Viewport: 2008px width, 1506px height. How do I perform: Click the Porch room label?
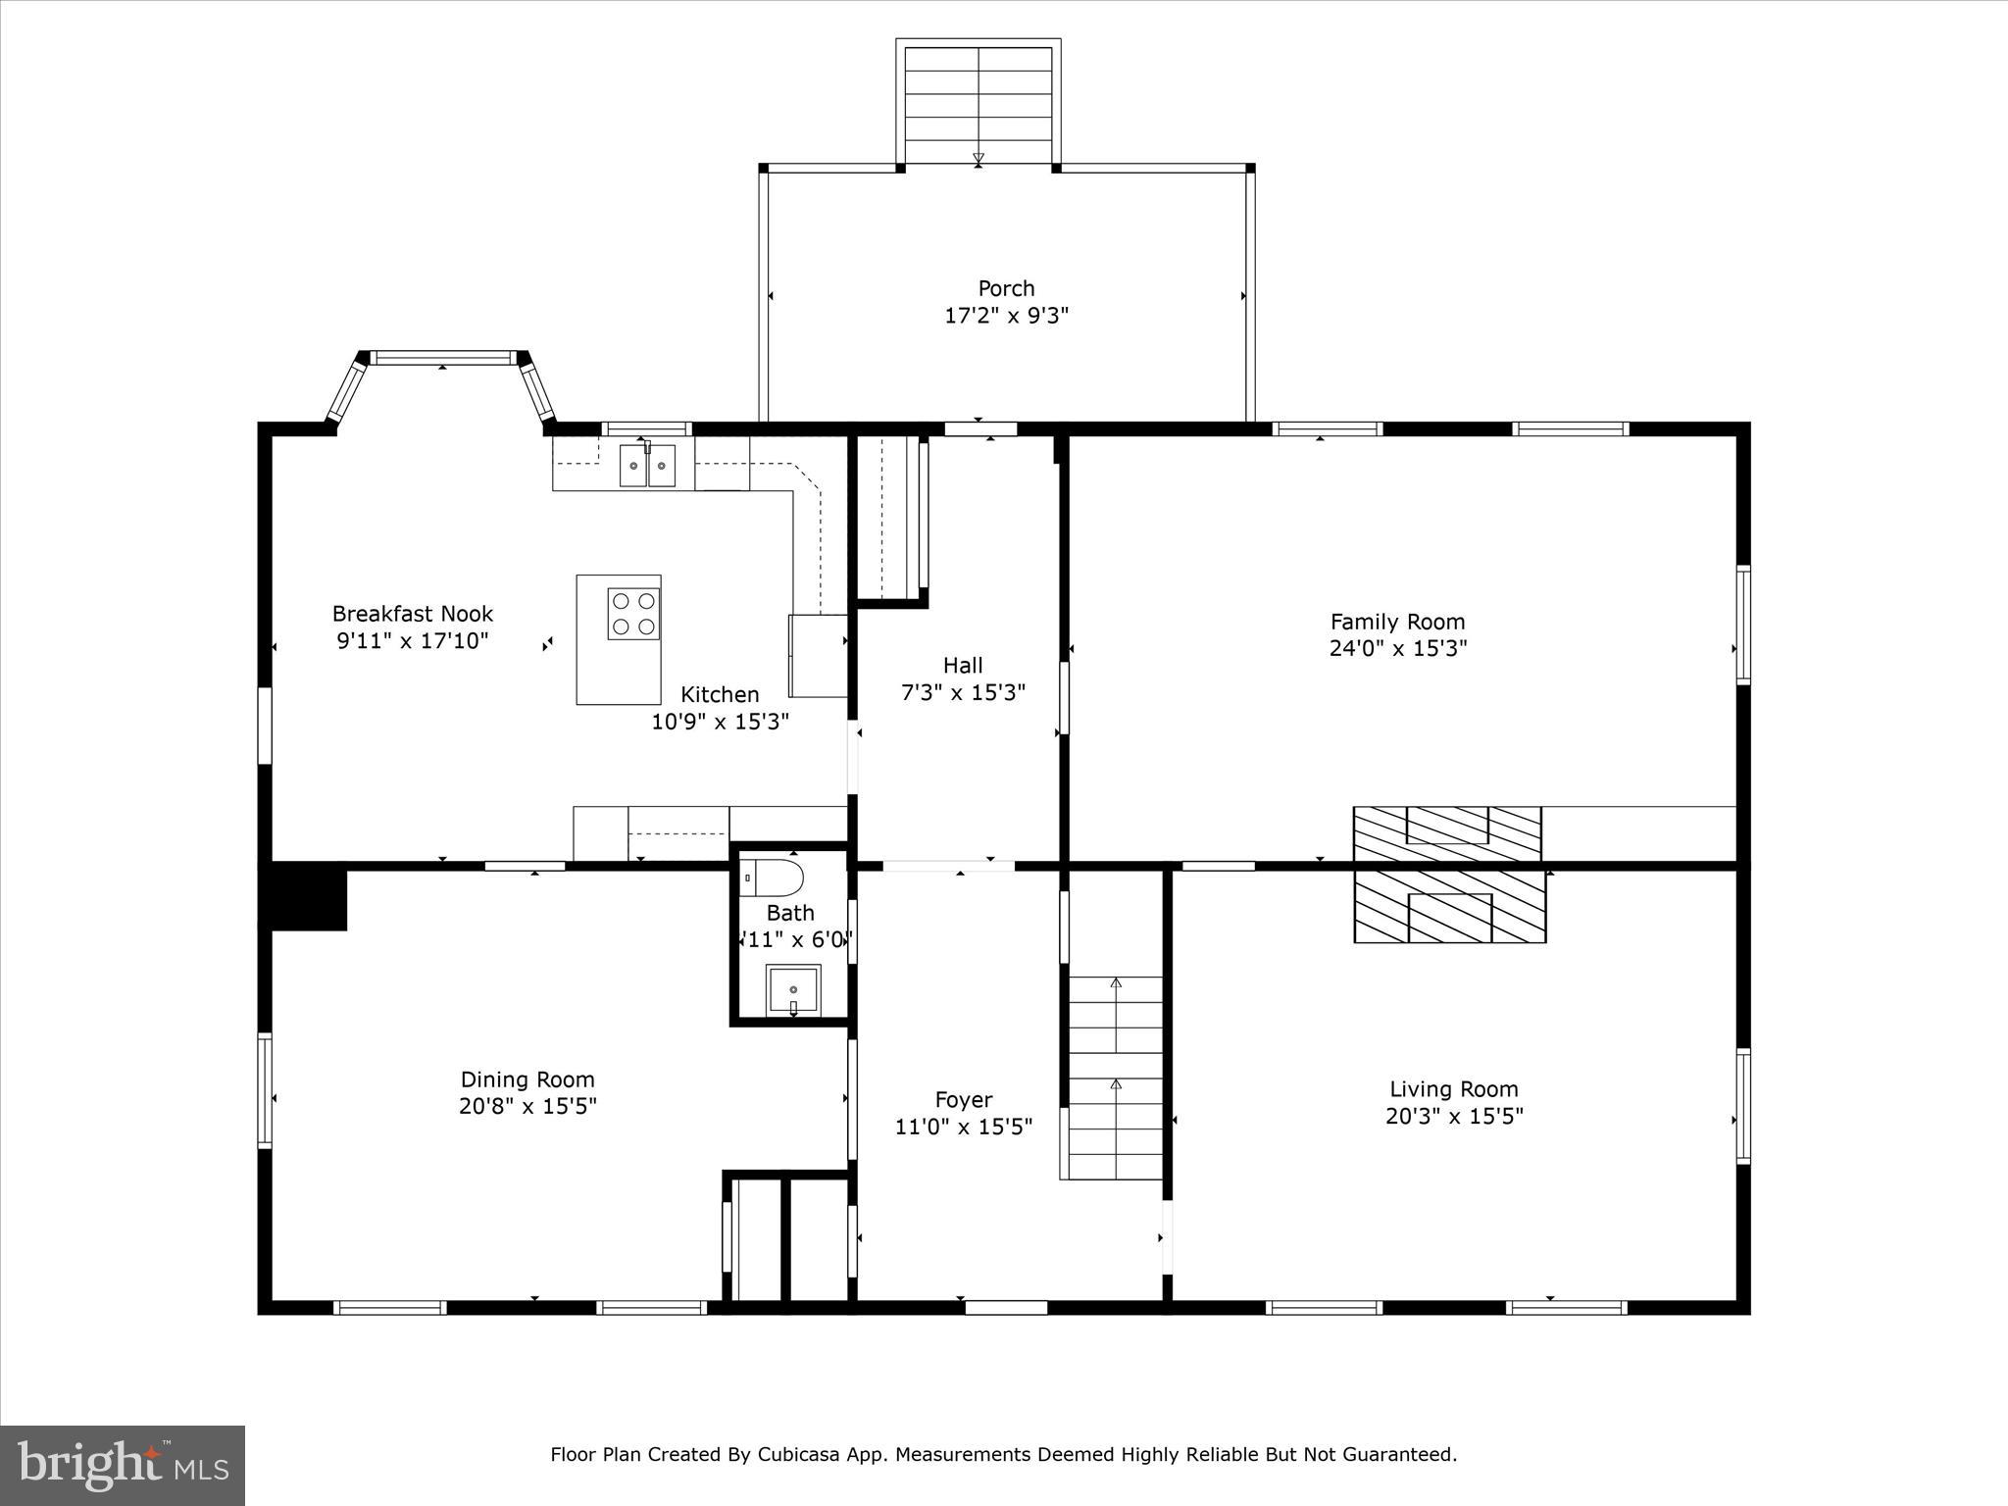[1006, 288]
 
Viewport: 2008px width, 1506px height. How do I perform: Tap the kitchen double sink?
[647, 466]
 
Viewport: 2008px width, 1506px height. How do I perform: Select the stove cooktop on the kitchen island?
[632, 614]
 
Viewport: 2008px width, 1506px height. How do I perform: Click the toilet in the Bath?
[772, 878]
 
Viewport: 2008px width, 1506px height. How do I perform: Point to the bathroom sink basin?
[793, 990]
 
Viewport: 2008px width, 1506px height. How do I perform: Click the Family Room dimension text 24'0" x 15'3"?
[1397, 648]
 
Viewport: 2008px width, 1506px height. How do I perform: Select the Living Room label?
[1453, 1088]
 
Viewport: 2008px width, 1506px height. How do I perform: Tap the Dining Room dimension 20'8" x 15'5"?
[527, 1106]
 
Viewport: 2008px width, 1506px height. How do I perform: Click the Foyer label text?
[963, 1100]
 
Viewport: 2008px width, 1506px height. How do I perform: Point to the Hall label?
[963, 666]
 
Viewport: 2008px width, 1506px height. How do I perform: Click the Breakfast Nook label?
[413, 614]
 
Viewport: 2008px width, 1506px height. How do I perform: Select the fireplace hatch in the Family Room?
[1447, 834]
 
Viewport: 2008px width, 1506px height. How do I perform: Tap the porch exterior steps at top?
[978, 103]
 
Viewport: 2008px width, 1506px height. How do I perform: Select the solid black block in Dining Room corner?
[307, 897]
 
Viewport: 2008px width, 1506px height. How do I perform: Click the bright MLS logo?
[123, 1465]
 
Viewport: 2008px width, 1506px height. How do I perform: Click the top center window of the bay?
[444, 358]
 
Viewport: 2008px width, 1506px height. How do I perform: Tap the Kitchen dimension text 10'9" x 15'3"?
[720, 722]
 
